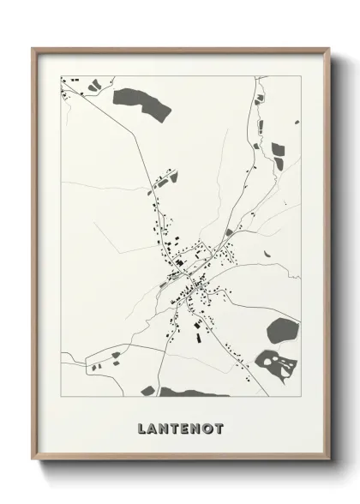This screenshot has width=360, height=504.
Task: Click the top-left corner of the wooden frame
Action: click(32, 47)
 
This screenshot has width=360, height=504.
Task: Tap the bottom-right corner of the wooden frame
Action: click(331, 460)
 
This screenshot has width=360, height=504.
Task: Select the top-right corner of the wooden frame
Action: click(330, 47)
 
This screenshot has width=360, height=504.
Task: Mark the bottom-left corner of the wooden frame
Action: click(33, 460)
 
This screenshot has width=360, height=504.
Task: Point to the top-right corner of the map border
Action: click(301, 76)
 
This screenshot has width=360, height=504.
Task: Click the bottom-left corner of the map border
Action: click(61, 396)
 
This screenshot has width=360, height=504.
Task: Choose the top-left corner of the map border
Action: click(61, 76)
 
